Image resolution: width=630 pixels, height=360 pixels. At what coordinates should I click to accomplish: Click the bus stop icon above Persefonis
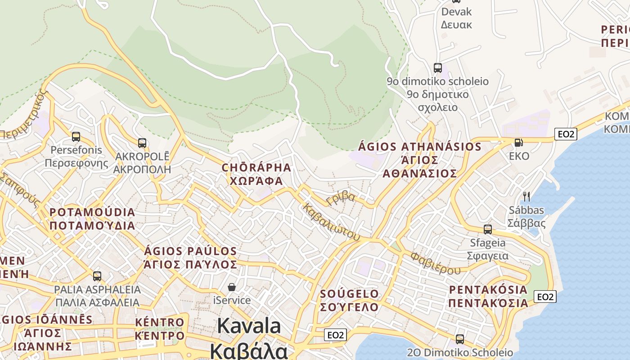(76, 136)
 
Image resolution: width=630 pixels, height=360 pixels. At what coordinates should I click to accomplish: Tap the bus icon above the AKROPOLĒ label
(142, 143)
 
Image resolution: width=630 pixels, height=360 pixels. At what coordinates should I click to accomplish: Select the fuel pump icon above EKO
(518, 143)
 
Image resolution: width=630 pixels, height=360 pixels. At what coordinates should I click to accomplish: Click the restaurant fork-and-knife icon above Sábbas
(526, 196)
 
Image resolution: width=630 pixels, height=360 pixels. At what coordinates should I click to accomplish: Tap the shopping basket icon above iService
(232, 287)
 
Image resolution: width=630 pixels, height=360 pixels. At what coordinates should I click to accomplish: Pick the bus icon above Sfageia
(487, 229)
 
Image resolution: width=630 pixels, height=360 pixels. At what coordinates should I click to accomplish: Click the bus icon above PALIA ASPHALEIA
(97, 276)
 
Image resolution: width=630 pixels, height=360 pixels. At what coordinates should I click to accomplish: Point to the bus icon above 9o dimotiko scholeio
(438, 68)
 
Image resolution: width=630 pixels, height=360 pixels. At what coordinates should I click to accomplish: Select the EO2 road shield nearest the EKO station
(566, 134)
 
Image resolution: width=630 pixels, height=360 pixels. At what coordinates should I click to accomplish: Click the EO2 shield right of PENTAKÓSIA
(545, 297)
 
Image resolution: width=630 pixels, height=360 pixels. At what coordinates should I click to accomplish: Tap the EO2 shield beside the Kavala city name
(335, 335)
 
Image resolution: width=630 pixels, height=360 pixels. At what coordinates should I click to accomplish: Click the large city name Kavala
(249, 326)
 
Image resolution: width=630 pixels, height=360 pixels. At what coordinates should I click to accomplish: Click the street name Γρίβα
(341, 198)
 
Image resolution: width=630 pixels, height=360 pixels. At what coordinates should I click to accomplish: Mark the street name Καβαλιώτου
(331, 221)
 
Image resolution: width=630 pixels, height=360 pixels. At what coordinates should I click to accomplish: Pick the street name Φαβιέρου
(435, 263)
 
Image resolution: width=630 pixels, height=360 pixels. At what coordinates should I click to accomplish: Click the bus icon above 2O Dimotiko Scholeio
(459, 339)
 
